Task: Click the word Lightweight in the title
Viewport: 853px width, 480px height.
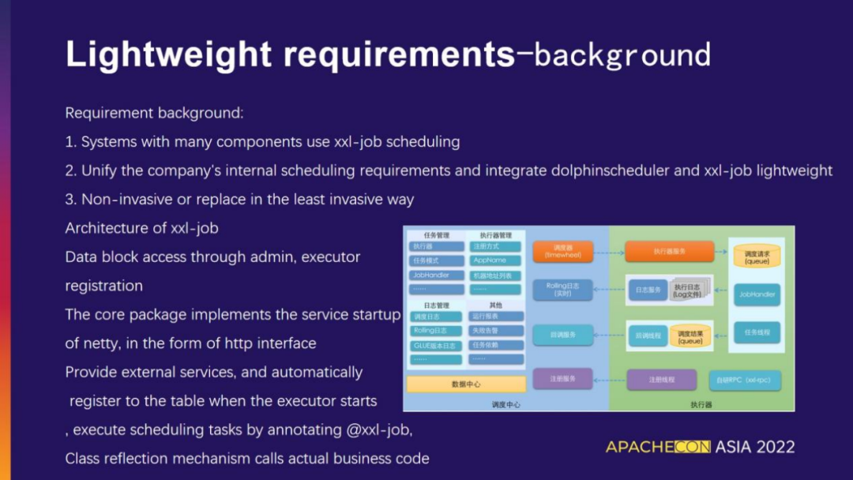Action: (168, 54)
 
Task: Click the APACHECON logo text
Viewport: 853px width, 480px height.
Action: (659, 447)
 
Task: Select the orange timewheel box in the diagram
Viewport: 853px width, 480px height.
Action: (562, 251)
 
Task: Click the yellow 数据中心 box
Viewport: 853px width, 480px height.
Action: (466, 384)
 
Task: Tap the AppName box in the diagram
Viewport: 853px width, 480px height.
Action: (496, 261)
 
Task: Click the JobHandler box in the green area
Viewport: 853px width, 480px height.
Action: (757, 294)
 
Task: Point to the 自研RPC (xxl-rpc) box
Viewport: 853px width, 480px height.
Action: (745, 380)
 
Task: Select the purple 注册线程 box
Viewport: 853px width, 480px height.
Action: (662, 380)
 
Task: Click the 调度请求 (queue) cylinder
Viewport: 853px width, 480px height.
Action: (757, 257)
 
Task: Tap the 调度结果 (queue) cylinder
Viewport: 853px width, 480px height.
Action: (690, 336)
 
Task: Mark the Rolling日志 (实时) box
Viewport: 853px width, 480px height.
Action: (562, 290)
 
